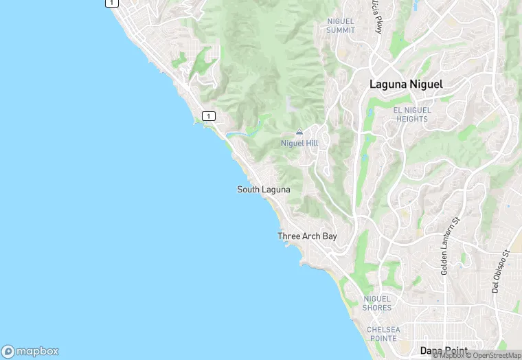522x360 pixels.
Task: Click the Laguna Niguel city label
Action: (x=406, y=85)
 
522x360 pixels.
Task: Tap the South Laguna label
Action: (x=264, y=190)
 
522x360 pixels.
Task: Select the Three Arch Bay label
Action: (x=307, y=236)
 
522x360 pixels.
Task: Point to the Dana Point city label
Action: (x=444, y=350)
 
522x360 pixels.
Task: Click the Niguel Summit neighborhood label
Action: (x=341, y=26)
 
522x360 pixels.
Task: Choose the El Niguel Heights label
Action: (x=411, y=114)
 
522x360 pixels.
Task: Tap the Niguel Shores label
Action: (x=376, y=303)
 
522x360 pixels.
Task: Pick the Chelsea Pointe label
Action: (x=382, y=334)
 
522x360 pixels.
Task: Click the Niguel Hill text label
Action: (x=299, y=143)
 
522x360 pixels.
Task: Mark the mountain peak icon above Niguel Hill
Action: (x=299, y=132)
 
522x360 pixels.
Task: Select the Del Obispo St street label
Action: (x=499, y=271)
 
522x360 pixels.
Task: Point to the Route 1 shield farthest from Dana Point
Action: (x=112, y=3)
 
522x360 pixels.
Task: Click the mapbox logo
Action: (x=30, y=350)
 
